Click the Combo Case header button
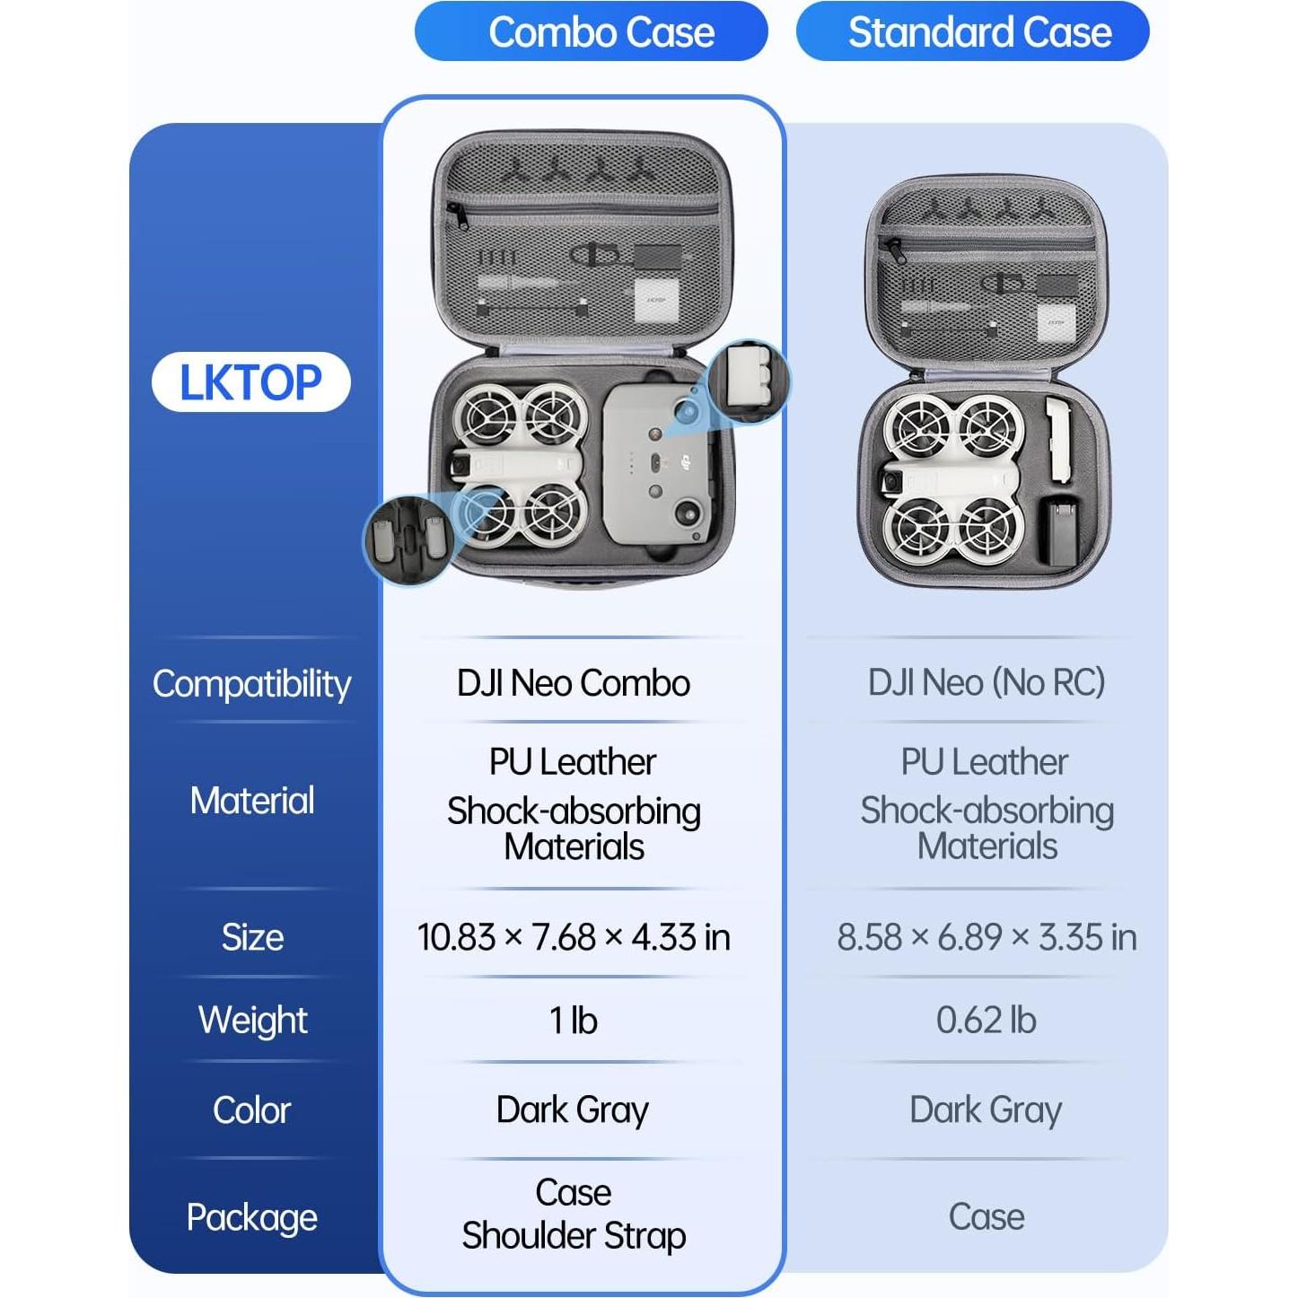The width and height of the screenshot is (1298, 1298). coord(591,31)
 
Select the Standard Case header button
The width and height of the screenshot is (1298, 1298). coord(972,31)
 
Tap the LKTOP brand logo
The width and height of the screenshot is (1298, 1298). coord(250,382)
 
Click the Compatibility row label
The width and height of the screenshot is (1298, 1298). coord(251,684)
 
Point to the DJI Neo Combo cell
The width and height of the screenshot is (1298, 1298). coord(574,683)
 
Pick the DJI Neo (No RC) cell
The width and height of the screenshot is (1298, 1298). coord(987,682)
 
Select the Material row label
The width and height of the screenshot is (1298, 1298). coord(252,800)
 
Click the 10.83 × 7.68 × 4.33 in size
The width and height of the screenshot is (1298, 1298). coord(574,937)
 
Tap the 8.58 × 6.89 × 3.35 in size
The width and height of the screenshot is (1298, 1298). coord(987,937)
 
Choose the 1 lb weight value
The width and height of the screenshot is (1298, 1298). coord(574,1021)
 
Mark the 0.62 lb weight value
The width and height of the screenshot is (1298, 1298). coord(987,1021)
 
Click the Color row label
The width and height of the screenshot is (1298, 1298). coord(251,1110)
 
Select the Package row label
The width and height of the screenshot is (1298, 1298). coord(251,1218)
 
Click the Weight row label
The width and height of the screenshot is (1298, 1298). coord(252,1021)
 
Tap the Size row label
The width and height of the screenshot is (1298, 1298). coord(252,937)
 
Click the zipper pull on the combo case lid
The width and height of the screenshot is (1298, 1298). coord(455,215)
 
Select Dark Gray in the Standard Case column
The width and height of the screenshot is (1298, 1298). coord(987,1110)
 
